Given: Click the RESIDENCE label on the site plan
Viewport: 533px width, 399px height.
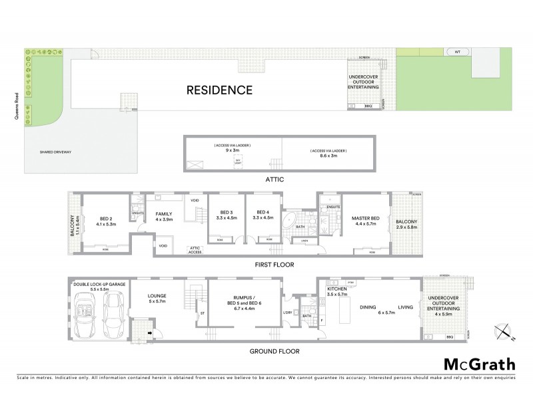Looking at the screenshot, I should pos(219,90).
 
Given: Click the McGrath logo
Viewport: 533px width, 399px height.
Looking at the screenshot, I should pos(479,365).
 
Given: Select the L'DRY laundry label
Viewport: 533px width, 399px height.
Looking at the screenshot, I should pos(288,313).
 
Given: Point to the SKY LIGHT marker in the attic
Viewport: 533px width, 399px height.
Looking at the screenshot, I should pos(237,162).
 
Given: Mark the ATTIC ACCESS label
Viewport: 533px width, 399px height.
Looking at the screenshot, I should pos(195,249).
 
